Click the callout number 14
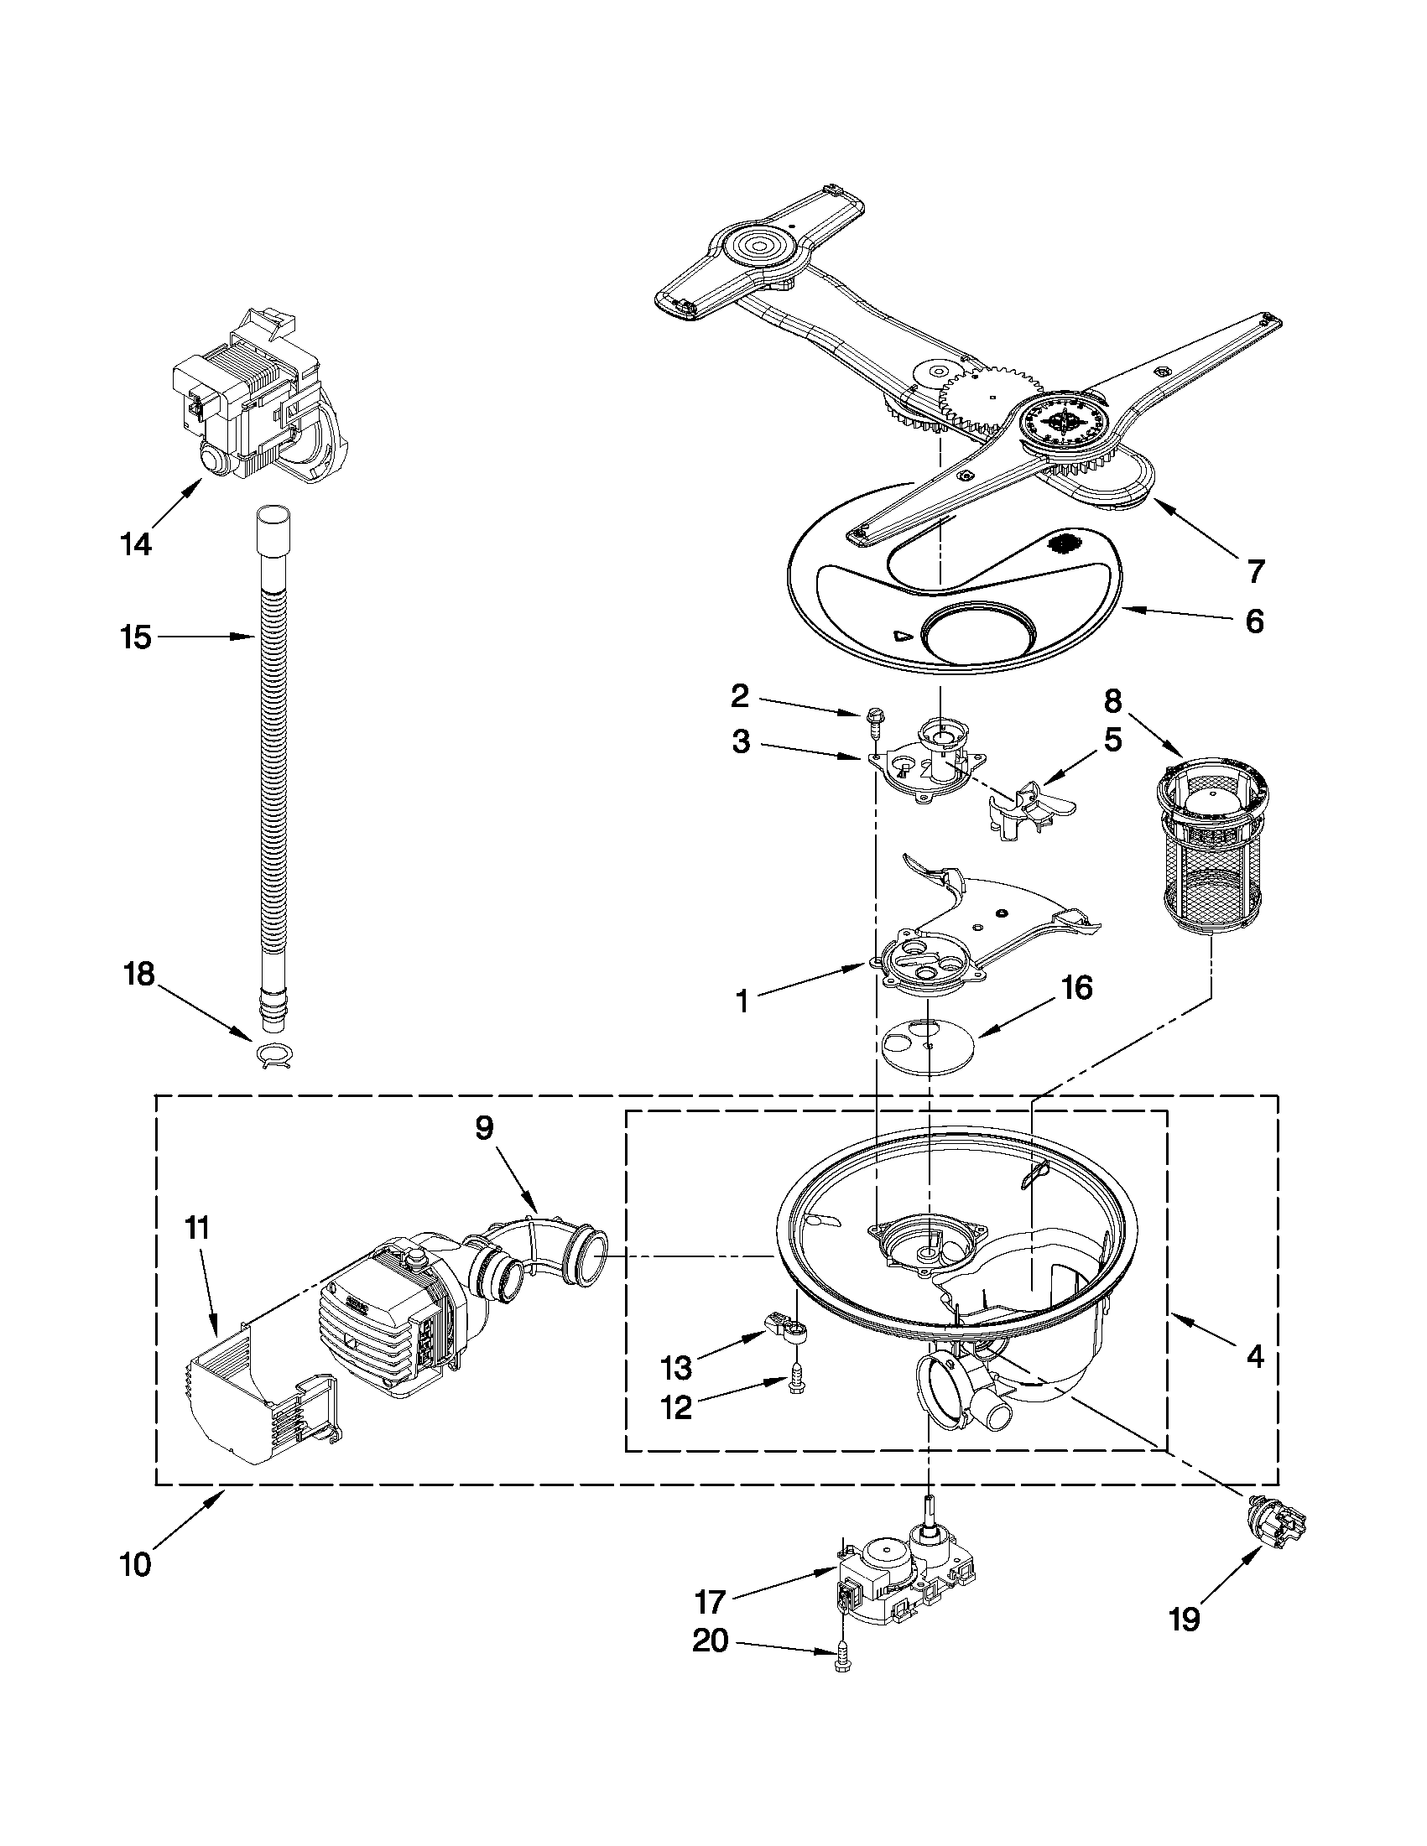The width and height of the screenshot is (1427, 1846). (135, 545)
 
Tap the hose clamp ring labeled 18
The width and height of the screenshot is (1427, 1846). (273, 1058)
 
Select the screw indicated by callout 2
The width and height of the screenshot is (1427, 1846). (872, 724)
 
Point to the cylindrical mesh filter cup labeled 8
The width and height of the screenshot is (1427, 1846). (1211, 848)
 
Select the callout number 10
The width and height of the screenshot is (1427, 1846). (135, 1564)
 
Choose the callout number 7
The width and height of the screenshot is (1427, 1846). (1255, 571)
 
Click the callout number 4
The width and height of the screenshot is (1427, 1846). (1254, 1358)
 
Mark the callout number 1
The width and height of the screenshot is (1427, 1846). (742, 1001)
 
